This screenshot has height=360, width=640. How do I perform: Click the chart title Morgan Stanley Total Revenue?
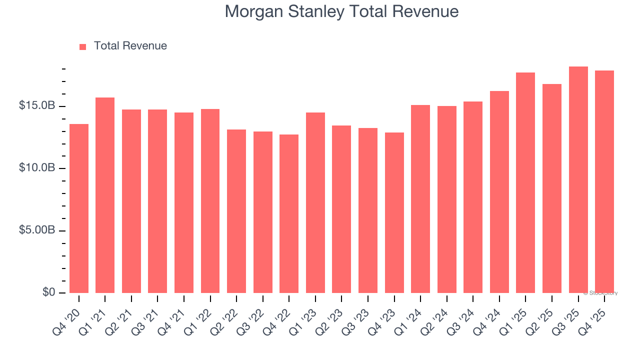click(341, 11)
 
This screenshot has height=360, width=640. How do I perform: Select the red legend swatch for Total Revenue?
click(83, 46)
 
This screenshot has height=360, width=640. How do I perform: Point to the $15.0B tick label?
click(37, 106)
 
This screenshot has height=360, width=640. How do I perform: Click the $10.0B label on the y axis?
click(37, 168)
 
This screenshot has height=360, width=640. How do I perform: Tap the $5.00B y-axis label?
click(37, 230)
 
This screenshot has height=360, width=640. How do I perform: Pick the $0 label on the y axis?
click(48, 292)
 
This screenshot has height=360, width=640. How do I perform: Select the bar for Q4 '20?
click(79, 208)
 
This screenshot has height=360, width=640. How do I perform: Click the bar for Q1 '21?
click(105, 195)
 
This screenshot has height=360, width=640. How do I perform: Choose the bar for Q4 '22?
click(289, 213)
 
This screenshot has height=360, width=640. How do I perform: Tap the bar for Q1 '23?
click(315, 202)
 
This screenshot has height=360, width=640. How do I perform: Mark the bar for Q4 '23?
click(394, 212)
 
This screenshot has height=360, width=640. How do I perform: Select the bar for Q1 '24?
click(420, 199)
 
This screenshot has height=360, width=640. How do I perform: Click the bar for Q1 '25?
click(525, 182)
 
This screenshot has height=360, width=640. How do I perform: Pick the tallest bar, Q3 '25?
click(578, 179)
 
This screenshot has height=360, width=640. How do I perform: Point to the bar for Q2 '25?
click(552, 188)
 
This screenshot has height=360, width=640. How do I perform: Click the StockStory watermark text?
click(600, 293)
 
